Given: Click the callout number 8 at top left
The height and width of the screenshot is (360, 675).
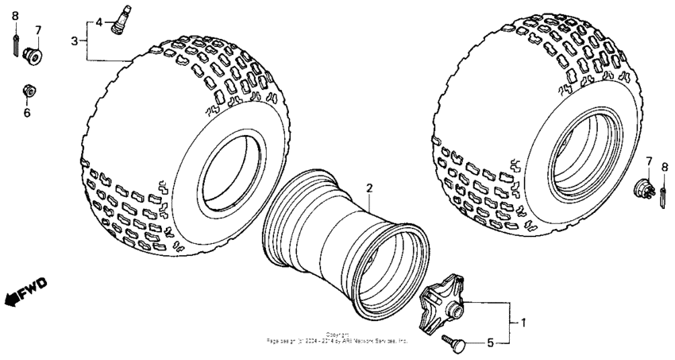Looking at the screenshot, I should point(14,15).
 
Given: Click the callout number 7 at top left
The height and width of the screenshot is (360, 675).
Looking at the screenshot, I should point(37,30).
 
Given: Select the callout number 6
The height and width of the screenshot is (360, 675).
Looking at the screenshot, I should point(26,112).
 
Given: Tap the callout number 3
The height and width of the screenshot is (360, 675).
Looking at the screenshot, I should point(74,41).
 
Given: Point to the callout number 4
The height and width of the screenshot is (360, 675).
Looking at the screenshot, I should point(99,22).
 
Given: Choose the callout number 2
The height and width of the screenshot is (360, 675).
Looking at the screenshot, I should point(368,188).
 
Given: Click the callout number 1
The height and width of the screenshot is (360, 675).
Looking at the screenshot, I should point(523,323).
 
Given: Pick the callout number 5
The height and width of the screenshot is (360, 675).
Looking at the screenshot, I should point(490,343).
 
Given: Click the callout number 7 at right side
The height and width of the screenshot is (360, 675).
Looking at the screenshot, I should point(647,162).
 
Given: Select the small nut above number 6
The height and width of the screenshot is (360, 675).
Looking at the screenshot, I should point(27,91).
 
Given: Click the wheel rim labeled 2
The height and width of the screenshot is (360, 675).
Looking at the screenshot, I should point(345,246).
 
